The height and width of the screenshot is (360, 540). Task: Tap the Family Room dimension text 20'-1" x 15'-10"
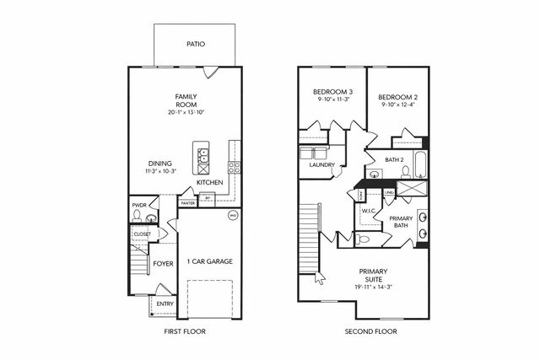pyautogui.click(x=185, y=112)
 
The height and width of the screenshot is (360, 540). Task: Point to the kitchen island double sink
pyautogui.click(x=202, y=155)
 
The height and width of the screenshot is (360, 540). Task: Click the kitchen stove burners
pyautogui.click(x=235, y=166)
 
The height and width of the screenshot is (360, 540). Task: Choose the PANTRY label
pyautogui.click(x=187, y=202)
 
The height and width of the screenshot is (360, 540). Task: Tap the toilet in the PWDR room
pyautogui.click(x=138, y=217)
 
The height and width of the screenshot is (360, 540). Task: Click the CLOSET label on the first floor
pyautogui.click(x=142, y=234)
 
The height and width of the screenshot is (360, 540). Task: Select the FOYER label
pyautogui.click(x=163, y=264)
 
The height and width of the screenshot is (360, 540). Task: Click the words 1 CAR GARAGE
pyautogui.click(x=209, y=261)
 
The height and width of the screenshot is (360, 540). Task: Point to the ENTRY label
pyautogui.click(x=165, y=304)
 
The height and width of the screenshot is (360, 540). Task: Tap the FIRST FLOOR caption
pyautogui.click(x=184, y=332)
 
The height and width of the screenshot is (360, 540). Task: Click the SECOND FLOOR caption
pyautogui.click(x=370, y=332)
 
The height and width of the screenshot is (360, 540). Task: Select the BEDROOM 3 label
pyautogui.click(x=332, y=91)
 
